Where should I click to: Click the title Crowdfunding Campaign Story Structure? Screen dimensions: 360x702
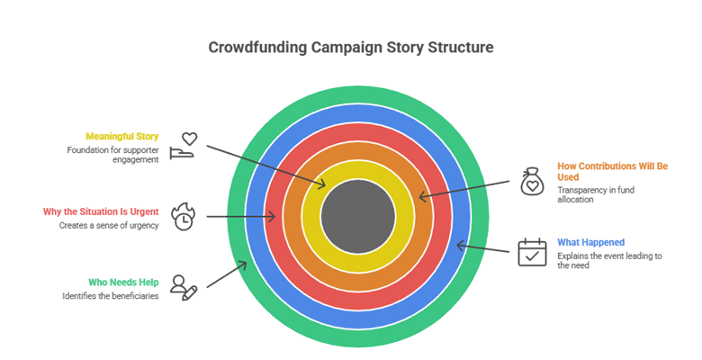coord(351,48)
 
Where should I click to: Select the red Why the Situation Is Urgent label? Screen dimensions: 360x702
coord(101,211)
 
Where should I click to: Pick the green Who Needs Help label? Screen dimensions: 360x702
coord(124,282)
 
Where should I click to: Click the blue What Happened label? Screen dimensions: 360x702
coord(591,242)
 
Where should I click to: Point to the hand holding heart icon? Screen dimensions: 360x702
coord(184,145)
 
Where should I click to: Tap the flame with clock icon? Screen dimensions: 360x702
coord(184,216)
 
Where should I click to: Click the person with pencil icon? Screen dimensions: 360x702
coord(184,287)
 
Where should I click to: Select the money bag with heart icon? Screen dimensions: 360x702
coord(532,182)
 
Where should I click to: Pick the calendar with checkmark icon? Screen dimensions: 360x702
coord(532,252)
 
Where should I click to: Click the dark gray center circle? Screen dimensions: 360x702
coord(357,216)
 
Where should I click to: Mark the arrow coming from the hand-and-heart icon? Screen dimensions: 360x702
coord(265,165)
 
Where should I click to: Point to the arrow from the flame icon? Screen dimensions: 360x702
coord(240,216)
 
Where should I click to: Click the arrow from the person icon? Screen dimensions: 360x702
coord(227,274)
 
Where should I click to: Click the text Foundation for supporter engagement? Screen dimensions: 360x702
coord(112,154)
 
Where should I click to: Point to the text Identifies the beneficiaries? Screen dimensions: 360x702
coord(111,295)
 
